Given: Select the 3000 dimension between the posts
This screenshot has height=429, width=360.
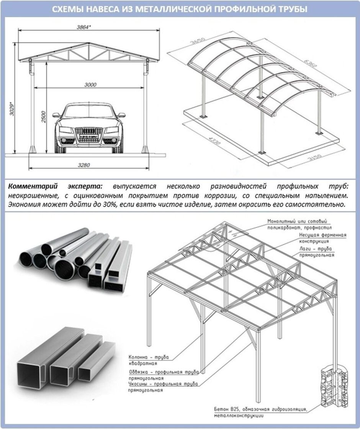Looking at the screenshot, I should [90, 85].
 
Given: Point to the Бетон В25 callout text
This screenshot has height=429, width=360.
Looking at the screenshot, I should [260, 413].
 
